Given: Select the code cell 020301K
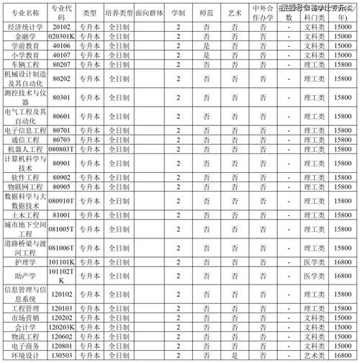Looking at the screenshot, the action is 61,34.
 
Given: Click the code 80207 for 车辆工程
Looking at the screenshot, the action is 61,64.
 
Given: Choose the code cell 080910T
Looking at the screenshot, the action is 61,200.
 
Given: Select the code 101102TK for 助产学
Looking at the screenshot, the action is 61,276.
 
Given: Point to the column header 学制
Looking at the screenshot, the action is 179,14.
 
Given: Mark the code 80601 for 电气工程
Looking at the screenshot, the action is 61,116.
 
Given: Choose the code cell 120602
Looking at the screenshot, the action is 61,336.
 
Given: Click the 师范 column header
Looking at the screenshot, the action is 207,14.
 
